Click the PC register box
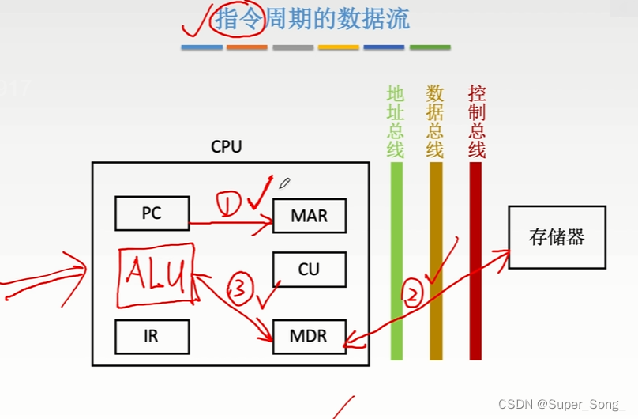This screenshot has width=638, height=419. click(x=152, y=213)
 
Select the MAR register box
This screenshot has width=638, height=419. click(x=309, y=215)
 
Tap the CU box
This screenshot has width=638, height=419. click(x=309, y=269)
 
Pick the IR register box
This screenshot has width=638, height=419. click(x=152, y=336)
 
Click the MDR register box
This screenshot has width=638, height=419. click(x=309, y=336)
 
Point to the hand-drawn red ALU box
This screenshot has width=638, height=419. click(x=157, y=275)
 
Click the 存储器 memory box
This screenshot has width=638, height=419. click(x=557, y=236)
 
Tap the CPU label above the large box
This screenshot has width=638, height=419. click(x=227, y=147)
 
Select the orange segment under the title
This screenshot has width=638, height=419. click(x=247, y=47)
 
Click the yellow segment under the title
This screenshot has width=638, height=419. click(x=339, y=47)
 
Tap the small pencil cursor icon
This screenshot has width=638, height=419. click(x=284, y=183)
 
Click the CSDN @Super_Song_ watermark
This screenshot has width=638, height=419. click(x=561, y=404)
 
